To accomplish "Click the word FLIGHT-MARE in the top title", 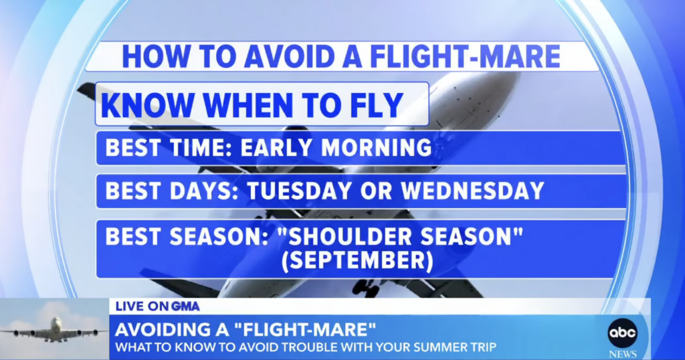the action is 466,56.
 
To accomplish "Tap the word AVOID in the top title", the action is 290,56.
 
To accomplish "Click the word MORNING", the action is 376,147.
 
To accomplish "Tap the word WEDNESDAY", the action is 472,191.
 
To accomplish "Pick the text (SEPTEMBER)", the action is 357,260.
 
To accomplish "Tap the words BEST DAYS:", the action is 172,191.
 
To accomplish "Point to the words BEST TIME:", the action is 169,147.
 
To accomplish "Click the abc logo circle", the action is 622,333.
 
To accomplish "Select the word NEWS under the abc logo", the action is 623,355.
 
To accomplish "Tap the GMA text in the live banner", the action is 185,306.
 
